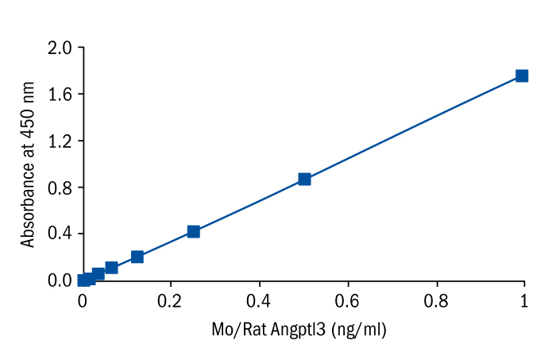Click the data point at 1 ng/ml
[x=522, y=75]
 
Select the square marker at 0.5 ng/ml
[x=304, y=179]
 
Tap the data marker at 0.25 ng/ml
[x=193, y=231]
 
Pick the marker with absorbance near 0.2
[x=137, y=257]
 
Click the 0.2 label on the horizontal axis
[x=170, y=302]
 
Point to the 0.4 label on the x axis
[x=258, y=302]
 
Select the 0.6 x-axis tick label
[x=346, y=302]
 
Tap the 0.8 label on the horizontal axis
[x=435, y=302]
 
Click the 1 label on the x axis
[x=523, y=302]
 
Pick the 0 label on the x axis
[x=82, y=302]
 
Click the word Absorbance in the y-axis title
[x=29, y=203]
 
